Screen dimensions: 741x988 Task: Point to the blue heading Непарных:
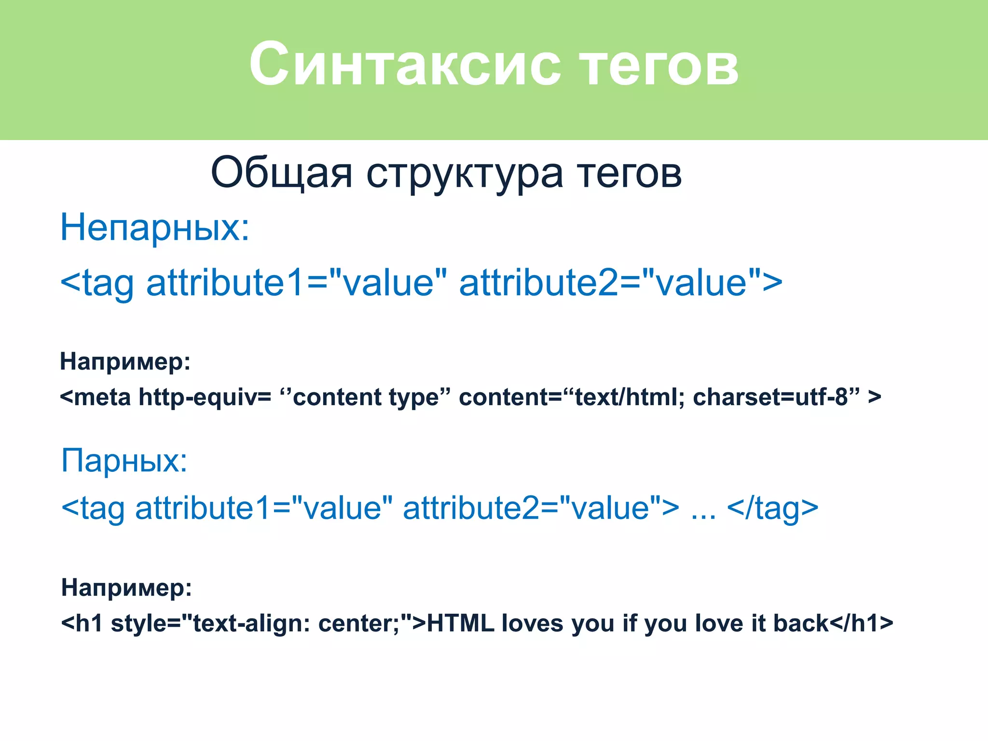coord(154,228)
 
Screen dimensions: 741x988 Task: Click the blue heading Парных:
coord(124,461)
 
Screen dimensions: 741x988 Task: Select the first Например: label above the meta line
coord(125,361)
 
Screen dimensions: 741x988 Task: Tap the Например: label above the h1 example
coord(126,588)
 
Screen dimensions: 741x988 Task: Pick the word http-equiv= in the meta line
coord(205,398)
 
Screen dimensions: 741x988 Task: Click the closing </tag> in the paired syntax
coord(772,508)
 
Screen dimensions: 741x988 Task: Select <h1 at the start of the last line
coord(82,623)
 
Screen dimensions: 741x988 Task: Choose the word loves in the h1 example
coord(532,623)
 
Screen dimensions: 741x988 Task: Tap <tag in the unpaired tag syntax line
coord(97,284)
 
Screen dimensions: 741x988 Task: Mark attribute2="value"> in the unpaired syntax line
coord(620,283)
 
